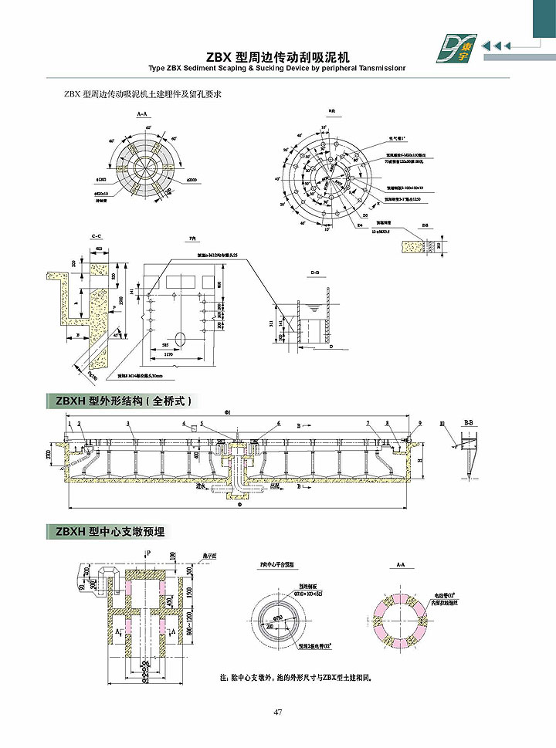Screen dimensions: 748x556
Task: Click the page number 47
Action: (x=277, y=711)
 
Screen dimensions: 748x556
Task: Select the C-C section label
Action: (x=97, y=234)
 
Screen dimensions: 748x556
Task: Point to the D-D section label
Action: (x=314, y=273)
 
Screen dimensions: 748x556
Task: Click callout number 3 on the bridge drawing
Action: (x=129, y=425)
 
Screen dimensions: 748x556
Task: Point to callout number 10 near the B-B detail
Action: (x=441, y=424)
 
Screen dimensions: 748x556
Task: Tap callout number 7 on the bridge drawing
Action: (x=368, y=424)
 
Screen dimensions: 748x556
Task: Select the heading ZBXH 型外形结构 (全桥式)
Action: (x=124, y=401)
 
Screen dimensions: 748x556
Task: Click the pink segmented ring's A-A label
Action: (x=400, y=565)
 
